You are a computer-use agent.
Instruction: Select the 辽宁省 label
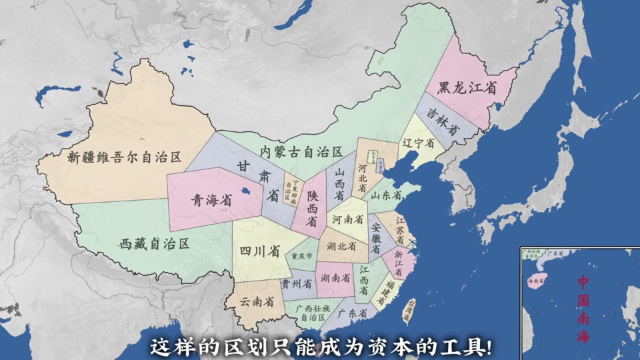coord(418,143)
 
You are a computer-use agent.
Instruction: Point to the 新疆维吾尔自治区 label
coord(125,157)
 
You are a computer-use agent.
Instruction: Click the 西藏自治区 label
coord(155,243)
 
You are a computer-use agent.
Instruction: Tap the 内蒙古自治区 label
coord(301,152)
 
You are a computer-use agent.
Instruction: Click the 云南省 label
coord(257,301)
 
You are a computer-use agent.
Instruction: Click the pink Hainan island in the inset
coord(537,281)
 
